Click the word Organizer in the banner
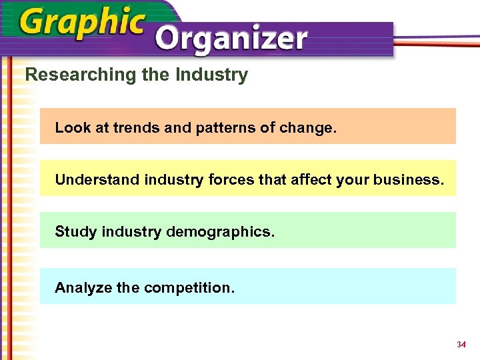coord(231,40)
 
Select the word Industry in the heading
coord(211,75)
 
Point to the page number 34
coord(461,345)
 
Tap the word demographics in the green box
coord(219,232)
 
